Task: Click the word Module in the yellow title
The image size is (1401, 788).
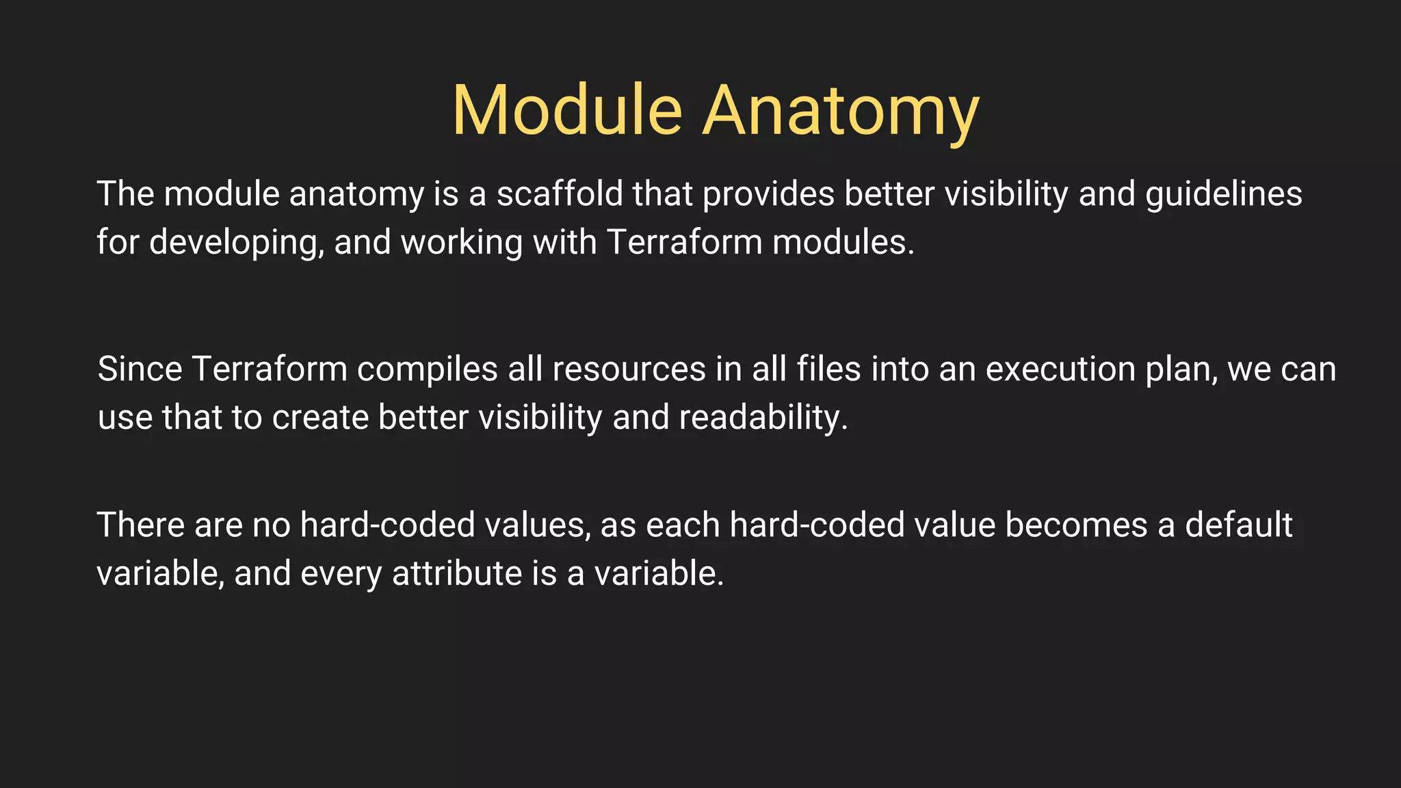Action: click(x=567, y=111)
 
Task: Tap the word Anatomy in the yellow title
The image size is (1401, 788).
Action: click(x=841, y=111)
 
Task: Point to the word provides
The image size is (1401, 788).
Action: click(x=768, y=194)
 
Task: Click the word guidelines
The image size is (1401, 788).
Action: click(x=1224, y=194)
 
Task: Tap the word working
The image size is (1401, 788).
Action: click(x=462, y=242)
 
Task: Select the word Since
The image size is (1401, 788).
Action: click(x=140, y=369)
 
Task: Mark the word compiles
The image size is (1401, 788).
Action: click(x=427, y=369)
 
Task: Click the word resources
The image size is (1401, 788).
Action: click(x=629, y=369)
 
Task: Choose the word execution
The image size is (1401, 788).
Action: click(x=1060, y=369)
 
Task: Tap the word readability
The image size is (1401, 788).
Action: click(x=763, y=417)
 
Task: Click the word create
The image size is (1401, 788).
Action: click(x=320, y=417)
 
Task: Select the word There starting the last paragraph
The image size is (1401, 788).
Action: click(x=140, y=525)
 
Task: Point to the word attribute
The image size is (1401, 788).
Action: click(x=457, y=573)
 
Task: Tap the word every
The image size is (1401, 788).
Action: click(x=341, y=573)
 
